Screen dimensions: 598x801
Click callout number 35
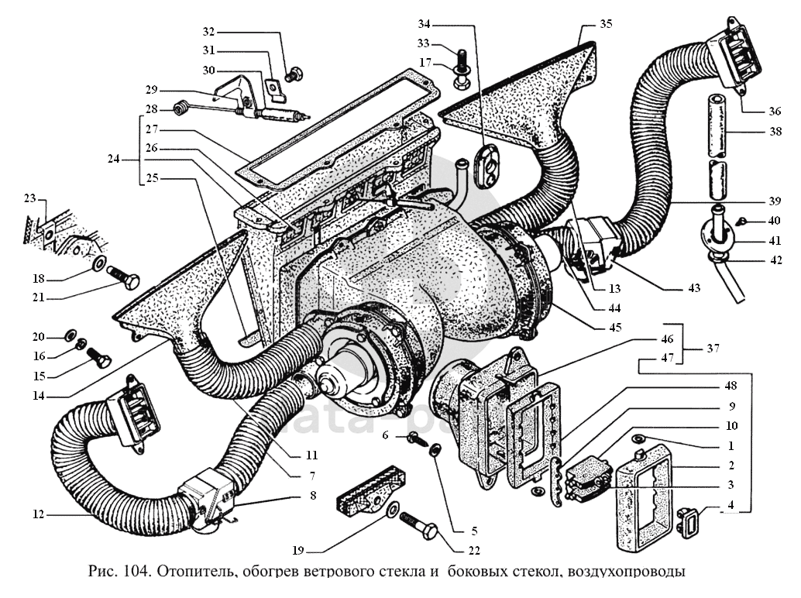click(605, 24)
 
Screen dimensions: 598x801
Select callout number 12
click(36, 514)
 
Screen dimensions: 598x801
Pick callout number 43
click(693, 288)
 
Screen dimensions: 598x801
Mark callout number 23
click(30, 198)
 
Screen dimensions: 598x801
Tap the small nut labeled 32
click(294, 75)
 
